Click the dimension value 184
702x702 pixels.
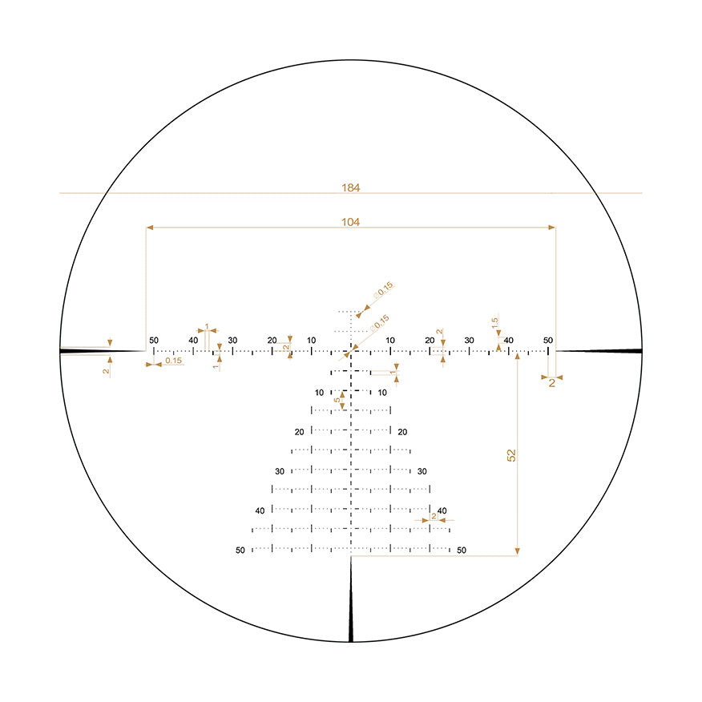[350, 188]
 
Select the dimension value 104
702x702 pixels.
[350, 222]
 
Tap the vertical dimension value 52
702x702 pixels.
[511, 454]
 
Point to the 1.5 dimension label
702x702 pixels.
[495, 322]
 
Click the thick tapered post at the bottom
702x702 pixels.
[351, 609]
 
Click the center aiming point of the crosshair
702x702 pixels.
[351, 351]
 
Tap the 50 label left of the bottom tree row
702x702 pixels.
[240, 551]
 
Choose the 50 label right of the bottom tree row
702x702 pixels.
[461, 551]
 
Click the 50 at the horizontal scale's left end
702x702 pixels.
[154, 341]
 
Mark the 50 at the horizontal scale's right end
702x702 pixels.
[548, 341]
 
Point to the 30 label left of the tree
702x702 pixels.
[280, 471]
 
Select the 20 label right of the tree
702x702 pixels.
[402, 432]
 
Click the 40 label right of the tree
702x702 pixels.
[442, 510]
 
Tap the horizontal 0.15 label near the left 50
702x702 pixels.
[173, 361]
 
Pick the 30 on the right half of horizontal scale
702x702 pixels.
[469, 341]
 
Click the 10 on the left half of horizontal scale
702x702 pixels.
[311, 341]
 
